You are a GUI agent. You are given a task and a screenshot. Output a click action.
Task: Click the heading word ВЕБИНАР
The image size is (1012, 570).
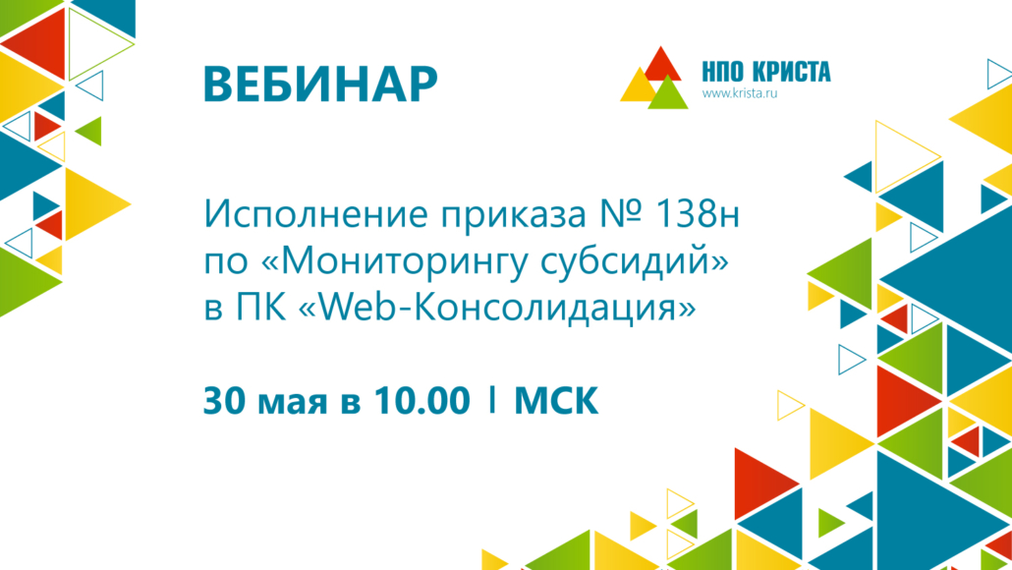pyautogui.click(x=320, y=84)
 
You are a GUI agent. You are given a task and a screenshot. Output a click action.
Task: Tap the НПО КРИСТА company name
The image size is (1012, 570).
pyautogui.click(x=766, y=72)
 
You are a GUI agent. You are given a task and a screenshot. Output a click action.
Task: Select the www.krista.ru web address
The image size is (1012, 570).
pyautogui.click(x=740, y=93)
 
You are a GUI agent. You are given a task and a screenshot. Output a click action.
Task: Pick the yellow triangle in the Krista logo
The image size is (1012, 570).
pyautogui.click(x=638, y=86)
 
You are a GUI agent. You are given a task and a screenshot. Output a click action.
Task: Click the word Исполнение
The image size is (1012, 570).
pyautogui.click(x=316, y=213)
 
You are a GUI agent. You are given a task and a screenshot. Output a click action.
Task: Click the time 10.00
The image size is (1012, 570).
pyautogui.click(x=422, y=400)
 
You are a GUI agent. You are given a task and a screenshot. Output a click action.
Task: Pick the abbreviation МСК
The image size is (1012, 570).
pyautogui.click(x=556, y=401)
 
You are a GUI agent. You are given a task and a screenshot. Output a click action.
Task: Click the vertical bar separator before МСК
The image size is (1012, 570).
pyautogui.click(x=492, y=399)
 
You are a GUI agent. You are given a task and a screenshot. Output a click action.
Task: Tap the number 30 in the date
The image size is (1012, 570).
pyautogui.click(x=226, y=400)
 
